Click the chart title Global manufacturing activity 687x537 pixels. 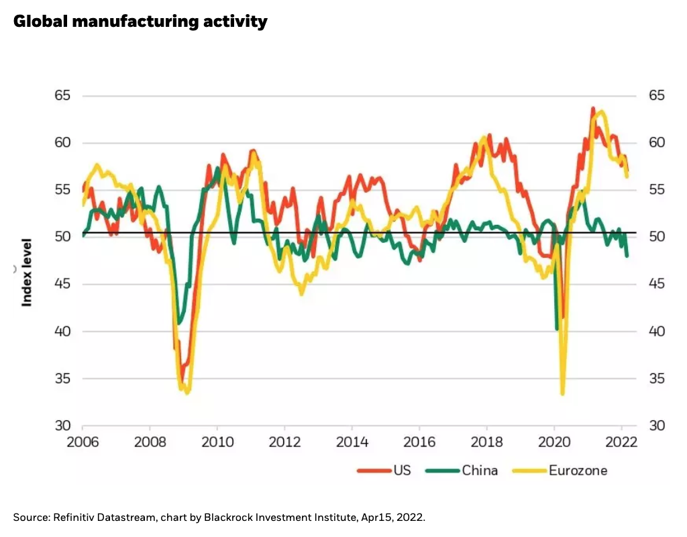pos(140,21)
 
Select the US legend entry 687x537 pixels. pos(401,470)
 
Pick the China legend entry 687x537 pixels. pos(480,470)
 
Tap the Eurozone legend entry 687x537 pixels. pos(578,470)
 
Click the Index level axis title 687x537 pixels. pos(27,272)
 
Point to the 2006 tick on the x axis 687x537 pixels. pos(82,443)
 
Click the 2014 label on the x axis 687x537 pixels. pos(352,443)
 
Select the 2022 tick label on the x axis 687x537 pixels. pos(621,443)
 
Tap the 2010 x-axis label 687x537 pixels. pos(217,443)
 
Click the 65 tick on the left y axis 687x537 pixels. pos(62,96)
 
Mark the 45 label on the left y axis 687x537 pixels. pos(62,285)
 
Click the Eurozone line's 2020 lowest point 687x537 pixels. pos(562,393)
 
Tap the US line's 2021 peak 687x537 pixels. pos(593,108)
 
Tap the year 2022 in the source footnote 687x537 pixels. pos(412,517)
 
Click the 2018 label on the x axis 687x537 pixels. pos(486,443)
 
